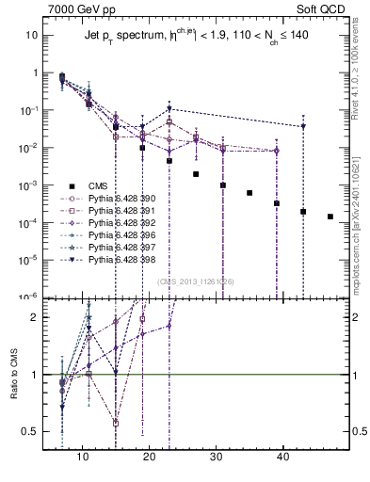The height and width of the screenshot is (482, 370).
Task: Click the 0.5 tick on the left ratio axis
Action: click(30, 431)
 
